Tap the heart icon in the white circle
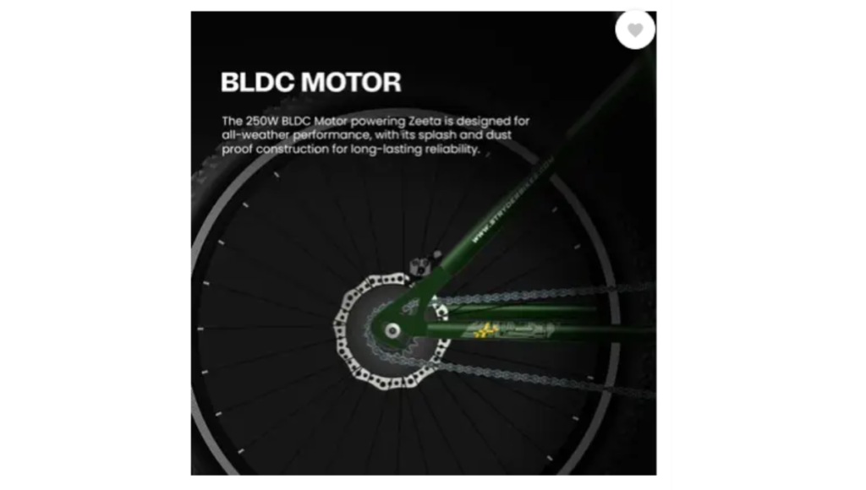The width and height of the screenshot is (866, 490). point(635,30)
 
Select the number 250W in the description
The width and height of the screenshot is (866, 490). point(263,121)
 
